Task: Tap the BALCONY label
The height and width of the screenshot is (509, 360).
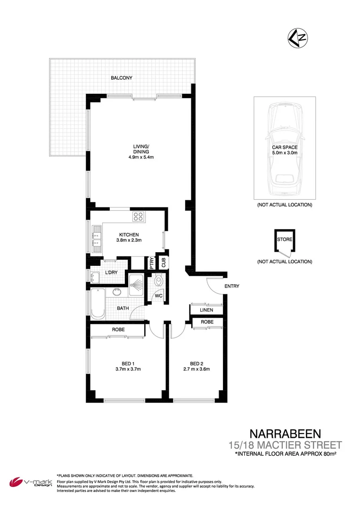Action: [x=122, y=78]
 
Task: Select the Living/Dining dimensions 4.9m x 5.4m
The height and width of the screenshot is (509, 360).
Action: [x=141, y=157]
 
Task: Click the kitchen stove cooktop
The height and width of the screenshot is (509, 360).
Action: [x=138, y=217]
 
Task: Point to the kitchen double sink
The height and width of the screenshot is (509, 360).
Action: [x=97, y=238]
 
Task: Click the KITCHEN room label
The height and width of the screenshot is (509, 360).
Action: [x=129, y=235]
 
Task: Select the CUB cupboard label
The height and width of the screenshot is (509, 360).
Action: [x=164, y=263]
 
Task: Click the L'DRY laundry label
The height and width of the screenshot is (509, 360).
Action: [x=111, y=273]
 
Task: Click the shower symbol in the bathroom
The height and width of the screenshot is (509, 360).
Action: [x=139, y=285]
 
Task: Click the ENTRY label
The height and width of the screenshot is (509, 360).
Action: [x=232, y=286]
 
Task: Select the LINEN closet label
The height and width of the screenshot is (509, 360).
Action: [x=206, y=310]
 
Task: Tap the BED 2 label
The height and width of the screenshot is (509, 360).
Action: [x=196, y=363]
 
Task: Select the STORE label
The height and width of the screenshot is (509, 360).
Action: [x=285, y=239]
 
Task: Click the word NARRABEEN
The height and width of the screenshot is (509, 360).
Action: [x=286, y=434]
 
